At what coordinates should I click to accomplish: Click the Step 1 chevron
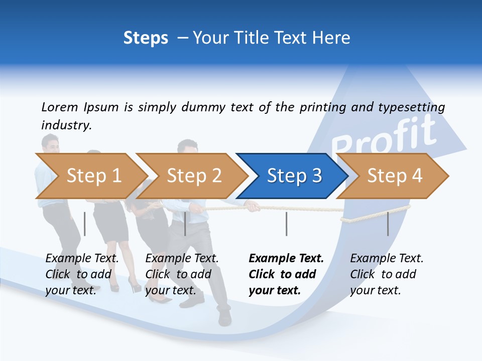point(93,175)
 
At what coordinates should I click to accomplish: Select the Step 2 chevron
point(193,175)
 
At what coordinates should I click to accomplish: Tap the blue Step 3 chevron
point(294,175)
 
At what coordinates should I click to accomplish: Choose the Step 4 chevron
point(394,175)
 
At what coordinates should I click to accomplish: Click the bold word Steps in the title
point(146,38)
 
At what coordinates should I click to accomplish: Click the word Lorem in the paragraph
point(59,107)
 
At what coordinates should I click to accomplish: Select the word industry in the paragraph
point(66,125)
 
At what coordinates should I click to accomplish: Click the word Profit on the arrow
point(384,134)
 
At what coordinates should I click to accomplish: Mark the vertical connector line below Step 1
point(84,224)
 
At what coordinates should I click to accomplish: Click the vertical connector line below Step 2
point(185,224)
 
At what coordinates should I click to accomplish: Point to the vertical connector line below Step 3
point(286,224)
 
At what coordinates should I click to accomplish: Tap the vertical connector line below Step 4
point(388,224)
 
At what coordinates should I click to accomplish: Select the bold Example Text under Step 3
point(286,259)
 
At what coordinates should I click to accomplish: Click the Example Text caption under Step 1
point(82,259)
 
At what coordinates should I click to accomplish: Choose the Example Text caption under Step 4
point(387,259)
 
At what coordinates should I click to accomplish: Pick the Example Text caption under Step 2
point(182,259)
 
